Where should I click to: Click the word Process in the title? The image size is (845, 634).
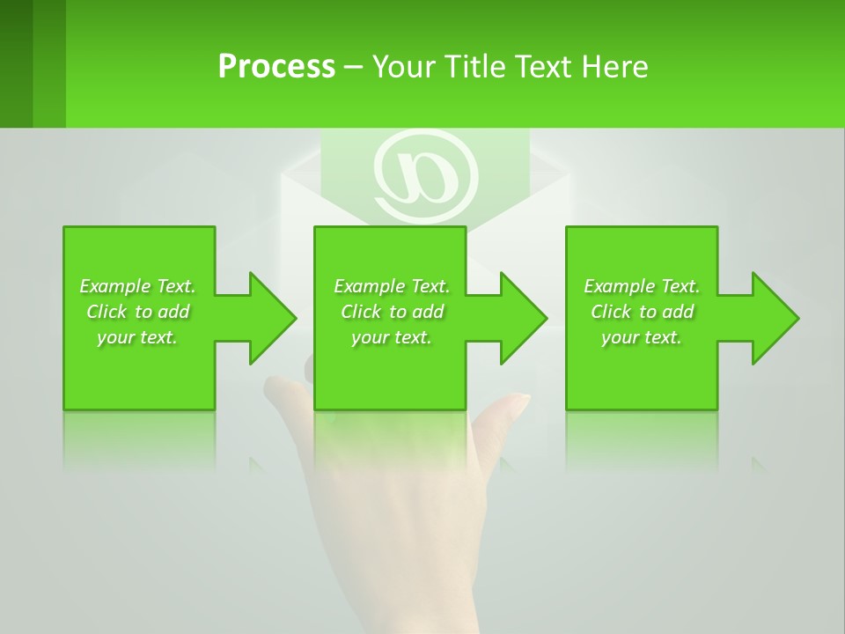pyautogui.click(x=276, y=67)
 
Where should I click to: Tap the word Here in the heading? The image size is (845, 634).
pyautogui.click(x=614, y=67)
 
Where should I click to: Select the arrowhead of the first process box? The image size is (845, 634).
pyautogui.click(x=272, y=318)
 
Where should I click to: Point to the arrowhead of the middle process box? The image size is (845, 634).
pyautogui.click(x=523, y=318)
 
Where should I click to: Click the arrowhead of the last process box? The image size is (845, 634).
pyautogui.click(x=775, y=318)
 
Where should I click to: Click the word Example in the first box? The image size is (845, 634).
pyautogui.click(x=115, y=286)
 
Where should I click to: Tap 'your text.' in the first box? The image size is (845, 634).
pyautogui.click(x=137, y=337)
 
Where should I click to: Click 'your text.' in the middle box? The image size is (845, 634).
pyautogui.click(x=392, y=337)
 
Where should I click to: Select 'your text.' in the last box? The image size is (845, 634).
pyautogui.click(x=642, y=337)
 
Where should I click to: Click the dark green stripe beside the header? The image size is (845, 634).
pyautogui.click(x=17, y=63)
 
